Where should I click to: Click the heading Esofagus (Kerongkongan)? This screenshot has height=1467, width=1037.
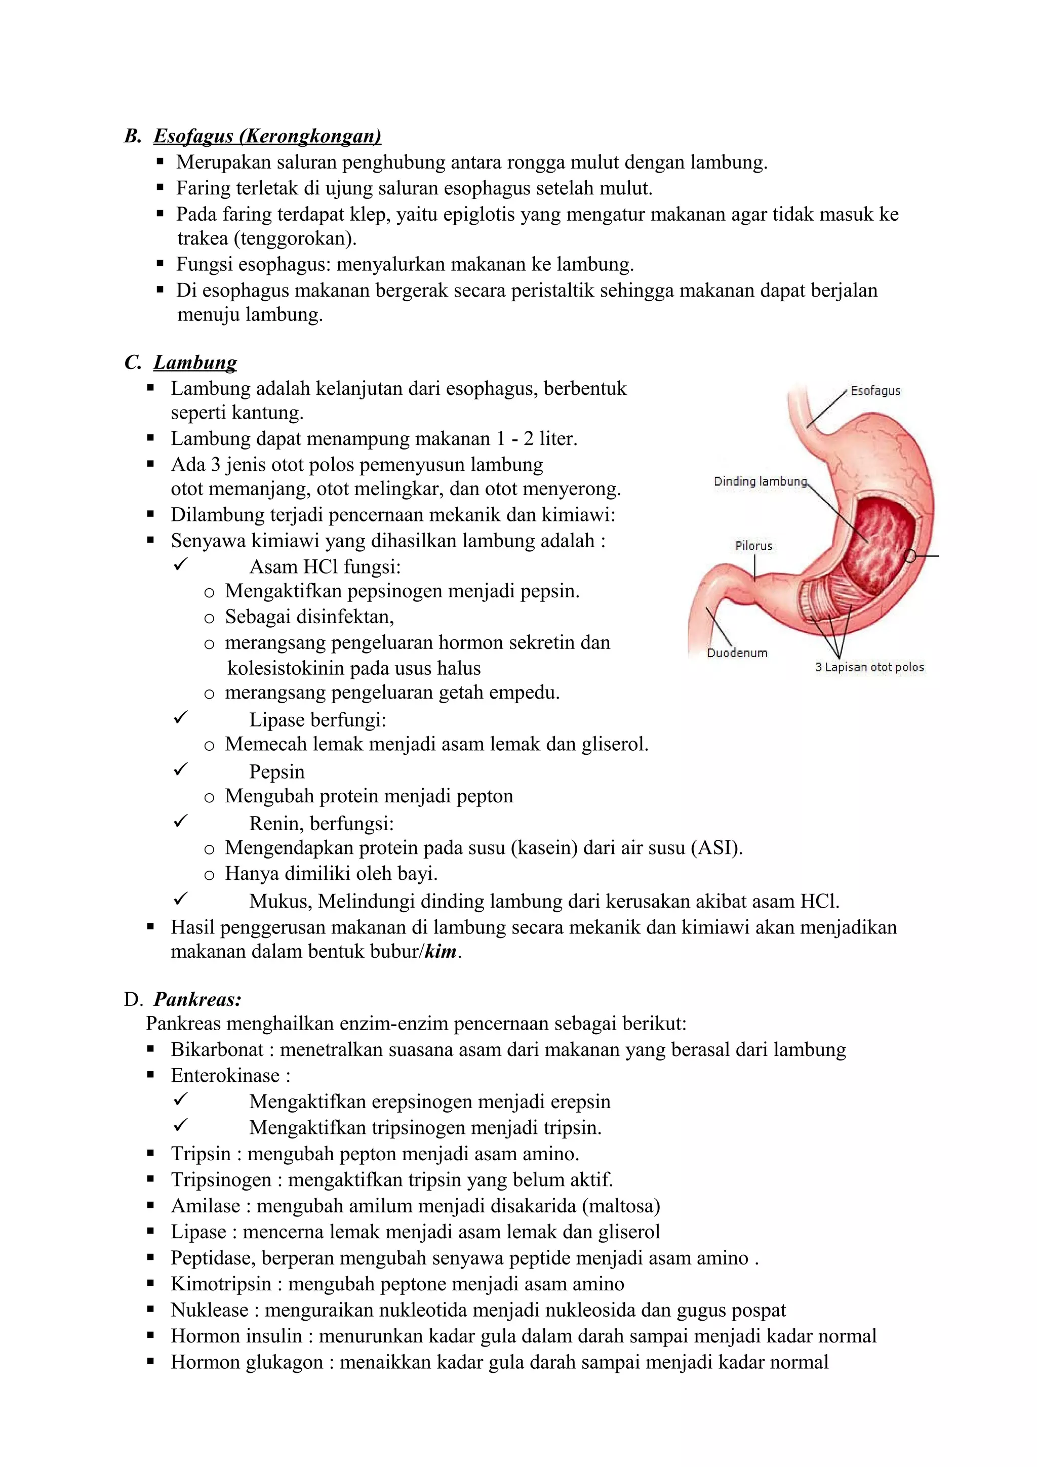pyautogui.click(x=267, y=136)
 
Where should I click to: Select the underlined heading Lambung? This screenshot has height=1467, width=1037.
pyautogui.click(x=195, y=363)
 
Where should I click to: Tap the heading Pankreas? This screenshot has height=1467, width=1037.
pyautogui.click(x=197, y=999)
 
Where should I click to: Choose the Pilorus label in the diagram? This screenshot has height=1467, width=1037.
pyautogui.click(x=753, y=546)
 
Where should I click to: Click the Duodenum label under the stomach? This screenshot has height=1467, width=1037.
pyautogui.click(x=737, y=653)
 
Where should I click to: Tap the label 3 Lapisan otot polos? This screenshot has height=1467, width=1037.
pyautogui.click(x=869, y=668)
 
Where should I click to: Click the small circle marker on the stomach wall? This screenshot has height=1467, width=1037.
pyautogui.click(x=910, y=556)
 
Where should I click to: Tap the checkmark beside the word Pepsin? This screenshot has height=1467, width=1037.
pyautogui.click(x=180, y=770)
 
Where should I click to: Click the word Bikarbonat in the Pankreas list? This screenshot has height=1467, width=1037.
pyautogui.click(x=217, y=1050)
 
